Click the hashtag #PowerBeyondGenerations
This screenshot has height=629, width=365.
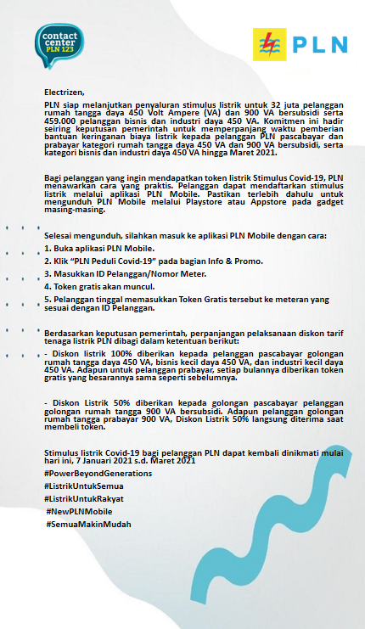98,472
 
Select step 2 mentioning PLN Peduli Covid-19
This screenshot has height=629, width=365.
127,261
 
